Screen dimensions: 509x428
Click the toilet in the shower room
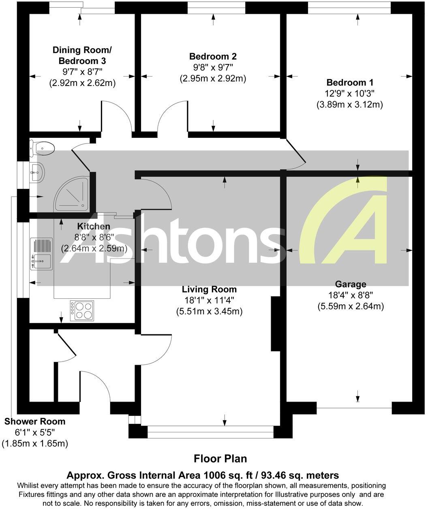(43, 148)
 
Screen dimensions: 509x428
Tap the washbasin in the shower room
(36, 173)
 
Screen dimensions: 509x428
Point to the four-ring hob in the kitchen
(82, 310)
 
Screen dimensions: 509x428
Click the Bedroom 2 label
(213, 56)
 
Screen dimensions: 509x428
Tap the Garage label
(351, 284)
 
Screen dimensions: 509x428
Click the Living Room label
(209, 289)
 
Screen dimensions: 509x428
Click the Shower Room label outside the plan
(35, 421)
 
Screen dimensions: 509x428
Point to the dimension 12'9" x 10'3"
(350, 93)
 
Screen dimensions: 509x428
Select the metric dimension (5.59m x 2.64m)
(351, 306)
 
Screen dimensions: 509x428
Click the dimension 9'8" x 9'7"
(213, 67)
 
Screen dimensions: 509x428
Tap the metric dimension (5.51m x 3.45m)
(209, 312)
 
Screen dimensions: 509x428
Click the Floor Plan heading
(220, 459)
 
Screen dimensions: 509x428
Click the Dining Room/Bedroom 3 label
(82, 56)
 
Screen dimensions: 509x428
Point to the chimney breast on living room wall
(276, 323)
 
